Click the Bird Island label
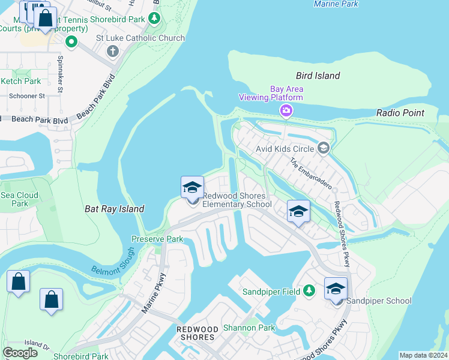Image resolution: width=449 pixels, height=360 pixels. click(318, 76)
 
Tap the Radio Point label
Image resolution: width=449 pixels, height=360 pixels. click(400, 113)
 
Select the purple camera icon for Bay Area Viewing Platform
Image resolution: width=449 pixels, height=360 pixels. click(286, 110)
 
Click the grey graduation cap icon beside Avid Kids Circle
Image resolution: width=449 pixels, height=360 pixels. click(324, 148)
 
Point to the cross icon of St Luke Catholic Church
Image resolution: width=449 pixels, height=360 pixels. click(112, 50)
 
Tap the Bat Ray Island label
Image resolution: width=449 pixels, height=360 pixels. click(114, 209)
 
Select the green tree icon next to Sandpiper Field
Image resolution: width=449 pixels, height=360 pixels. click(309, 291)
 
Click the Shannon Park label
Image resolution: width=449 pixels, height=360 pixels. click(249, 328)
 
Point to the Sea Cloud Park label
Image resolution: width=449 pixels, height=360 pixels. click(19, 199)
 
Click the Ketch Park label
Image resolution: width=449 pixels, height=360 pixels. click(21, 81)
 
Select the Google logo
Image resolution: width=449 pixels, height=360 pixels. click(20, 352)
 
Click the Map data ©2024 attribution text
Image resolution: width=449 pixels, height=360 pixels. click(423, 355)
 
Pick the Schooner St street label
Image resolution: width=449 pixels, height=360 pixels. click(27, 95)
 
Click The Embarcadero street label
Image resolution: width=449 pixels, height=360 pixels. click(311, 173)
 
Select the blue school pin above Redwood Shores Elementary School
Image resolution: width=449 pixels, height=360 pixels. click(192, 187)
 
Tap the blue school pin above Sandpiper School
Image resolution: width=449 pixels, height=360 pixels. click(336, 288)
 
